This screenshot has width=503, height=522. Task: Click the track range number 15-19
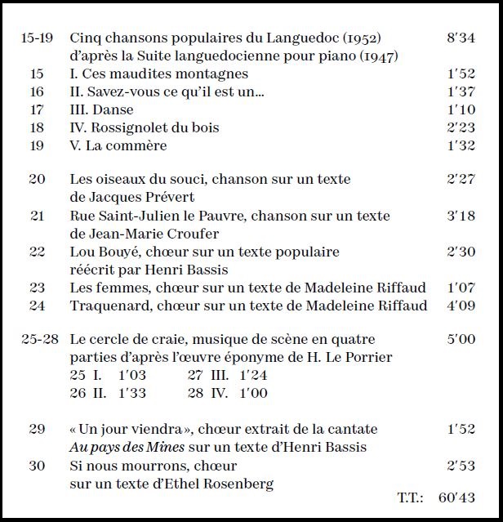coord(37,38)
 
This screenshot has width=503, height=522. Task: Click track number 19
coord(37,145)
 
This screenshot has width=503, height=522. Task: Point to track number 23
coord(37,288)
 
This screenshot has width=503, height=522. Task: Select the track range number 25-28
coord(39,339)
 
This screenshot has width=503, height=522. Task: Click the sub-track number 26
coord(78,393)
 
